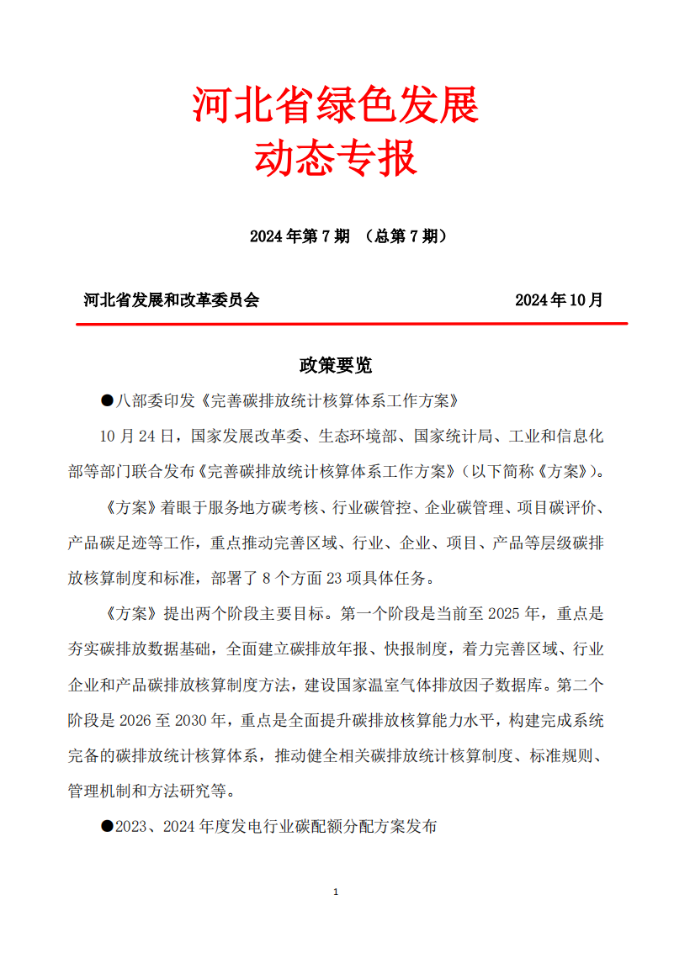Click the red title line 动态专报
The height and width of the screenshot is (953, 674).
pyautogui.click(x=336, y=158)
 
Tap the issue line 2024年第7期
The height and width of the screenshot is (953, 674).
pyautogui.click(x=300, y=236)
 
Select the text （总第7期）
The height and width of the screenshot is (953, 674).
pyautogui.click(x=403, y=236)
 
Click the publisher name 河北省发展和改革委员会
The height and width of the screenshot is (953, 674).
pyautogui.click(x=172, y=300)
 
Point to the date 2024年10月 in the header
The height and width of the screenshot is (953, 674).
pyautogui.click(x=559, y=300)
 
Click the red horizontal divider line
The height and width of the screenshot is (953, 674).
pyautogui.click(x=352, y=323)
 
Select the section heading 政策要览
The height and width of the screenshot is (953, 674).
pyautogui.click(x=336, y=365)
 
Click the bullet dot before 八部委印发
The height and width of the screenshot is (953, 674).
pyautogui.click(x=107, y=400)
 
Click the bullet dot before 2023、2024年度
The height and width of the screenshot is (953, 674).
pyautogui.click(x=107, y=827)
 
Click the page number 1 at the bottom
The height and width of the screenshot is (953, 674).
pyautogui.click(x=336, y=892)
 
